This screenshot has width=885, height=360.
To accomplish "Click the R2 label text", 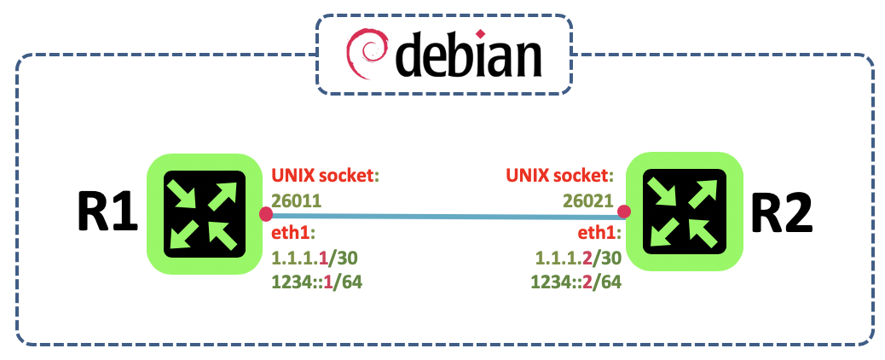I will (x=782, y=215).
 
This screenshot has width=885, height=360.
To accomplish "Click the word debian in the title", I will (x=468, y=55).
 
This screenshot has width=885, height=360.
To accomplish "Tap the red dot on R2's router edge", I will (x=624, y=212).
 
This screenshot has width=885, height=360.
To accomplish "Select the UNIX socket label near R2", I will (x=560, y=177).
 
